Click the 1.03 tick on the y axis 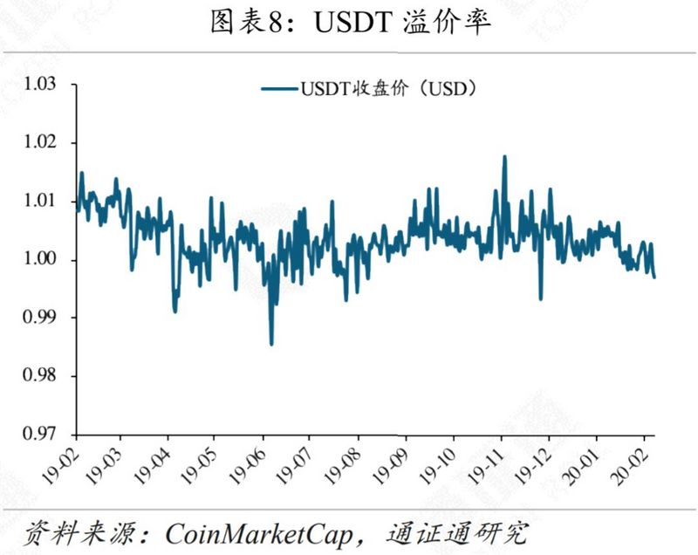point(39,85)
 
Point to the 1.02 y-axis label point(39,143)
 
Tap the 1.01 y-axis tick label point(39,202)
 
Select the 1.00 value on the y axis point(39,260)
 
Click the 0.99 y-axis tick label point(39,318)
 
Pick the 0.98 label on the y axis point(39,376)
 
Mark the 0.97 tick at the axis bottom point(39,434)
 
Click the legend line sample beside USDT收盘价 point(279,87)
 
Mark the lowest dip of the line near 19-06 point(271,344)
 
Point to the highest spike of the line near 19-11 point(504,157)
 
